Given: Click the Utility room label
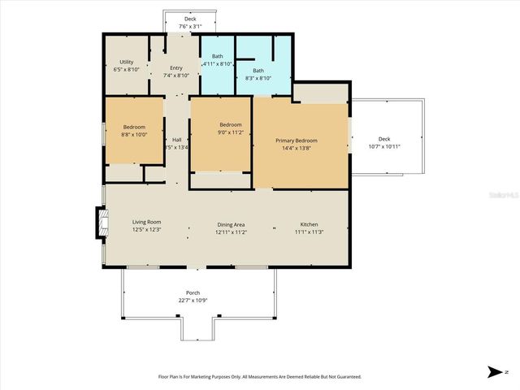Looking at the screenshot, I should click(x=126, y=62).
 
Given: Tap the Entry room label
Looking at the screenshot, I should click(x=176, y=68).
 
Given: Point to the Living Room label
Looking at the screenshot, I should click(x=147, y=222).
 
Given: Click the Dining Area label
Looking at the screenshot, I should click(x=231, y=224).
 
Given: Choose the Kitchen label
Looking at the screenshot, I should click(x=309, y=224).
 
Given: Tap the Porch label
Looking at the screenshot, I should click(x=193, y=292).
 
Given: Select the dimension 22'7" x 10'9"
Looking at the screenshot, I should click(x=193, y=301).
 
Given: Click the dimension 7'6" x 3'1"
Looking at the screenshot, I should click(x=190, y=26).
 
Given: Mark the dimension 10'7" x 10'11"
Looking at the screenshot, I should click(x=385, y=147).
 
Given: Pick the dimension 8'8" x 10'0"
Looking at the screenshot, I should click(x=134, y=135).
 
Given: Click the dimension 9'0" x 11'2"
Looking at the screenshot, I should click(x=230, y=132).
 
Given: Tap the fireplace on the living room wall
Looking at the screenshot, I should click(x=102, y=223).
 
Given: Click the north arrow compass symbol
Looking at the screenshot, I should click(x=494, y=372).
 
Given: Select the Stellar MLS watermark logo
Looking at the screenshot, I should click(x=502, y=196).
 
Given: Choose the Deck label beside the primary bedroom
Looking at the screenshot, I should click(x=385, y=139).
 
